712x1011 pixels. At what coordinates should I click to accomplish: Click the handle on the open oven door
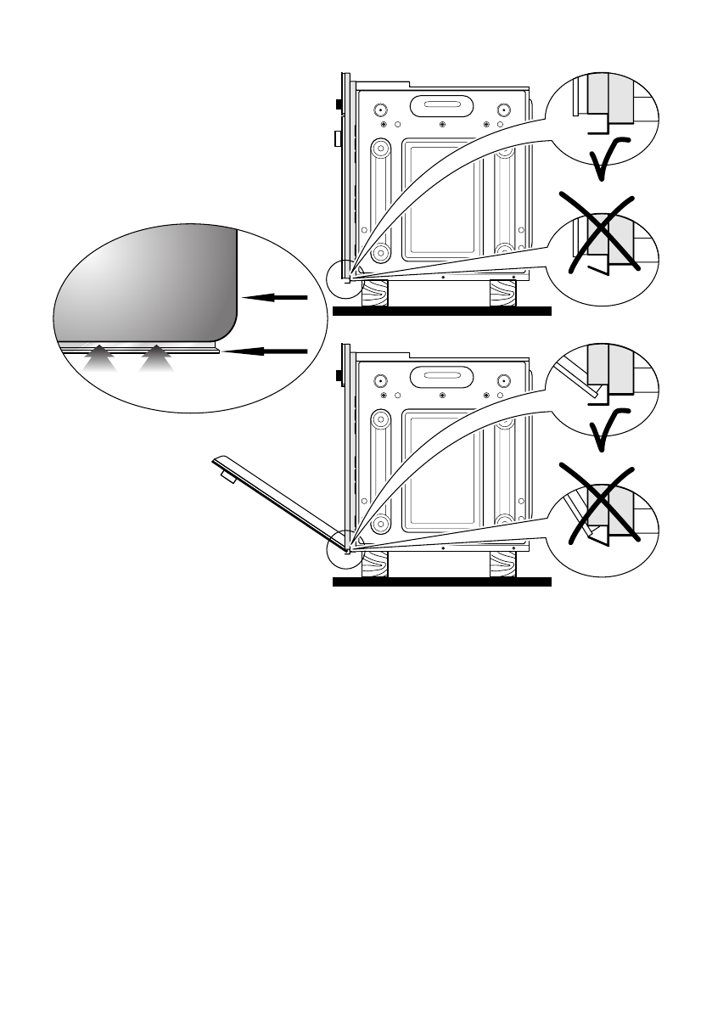227,477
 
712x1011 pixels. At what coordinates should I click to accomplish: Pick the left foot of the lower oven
375,564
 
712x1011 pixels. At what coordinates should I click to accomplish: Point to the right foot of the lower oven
502,564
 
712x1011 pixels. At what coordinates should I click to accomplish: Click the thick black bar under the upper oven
441,312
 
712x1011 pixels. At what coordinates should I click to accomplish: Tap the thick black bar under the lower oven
441,583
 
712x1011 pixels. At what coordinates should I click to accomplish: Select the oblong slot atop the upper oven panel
441,106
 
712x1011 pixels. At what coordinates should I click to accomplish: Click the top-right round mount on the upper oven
504,110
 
